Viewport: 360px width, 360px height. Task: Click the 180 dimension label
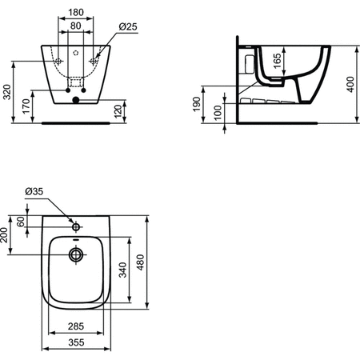coord(76,12)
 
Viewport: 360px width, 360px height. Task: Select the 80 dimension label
coord(76,26)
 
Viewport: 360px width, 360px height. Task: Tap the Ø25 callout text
coord(128,26)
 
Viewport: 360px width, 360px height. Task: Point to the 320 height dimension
coord(7,92)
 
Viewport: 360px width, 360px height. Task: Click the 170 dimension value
coord(26,106)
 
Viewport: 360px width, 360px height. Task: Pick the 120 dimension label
coord(118,111)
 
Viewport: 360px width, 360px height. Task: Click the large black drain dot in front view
coord(76,100)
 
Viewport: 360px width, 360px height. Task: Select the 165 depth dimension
coord(278,61)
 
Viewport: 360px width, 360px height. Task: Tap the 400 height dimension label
coord(350,84)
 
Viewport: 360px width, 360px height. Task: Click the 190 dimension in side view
coord(197,104)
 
